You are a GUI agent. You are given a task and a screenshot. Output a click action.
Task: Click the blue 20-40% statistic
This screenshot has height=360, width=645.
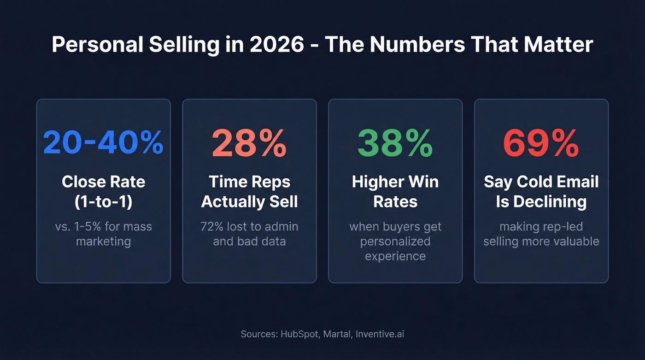(x=103, y=142)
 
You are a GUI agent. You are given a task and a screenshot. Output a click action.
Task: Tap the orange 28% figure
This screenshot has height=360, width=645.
(x=249, y=142)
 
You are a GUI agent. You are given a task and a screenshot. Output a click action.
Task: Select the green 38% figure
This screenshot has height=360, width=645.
(x=395, y=142)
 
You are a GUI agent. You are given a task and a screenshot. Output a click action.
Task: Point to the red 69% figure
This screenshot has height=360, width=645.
(x=541, y=142)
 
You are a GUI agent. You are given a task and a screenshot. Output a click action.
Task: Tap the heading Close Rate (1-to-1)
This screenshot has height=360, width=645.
(x=103, y=191)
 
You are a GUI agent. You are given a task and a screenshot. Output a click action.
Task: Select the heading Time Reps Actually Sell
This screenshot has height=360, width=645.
(x=249, y=191)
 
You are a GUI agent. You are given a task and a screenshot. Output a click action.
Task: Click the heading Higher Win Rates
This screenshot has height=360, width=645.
(x=395, y=191)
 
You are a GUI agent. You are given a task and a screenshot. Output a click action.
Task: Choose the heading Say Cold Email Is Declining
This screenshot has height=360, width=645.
(x=541, y=191)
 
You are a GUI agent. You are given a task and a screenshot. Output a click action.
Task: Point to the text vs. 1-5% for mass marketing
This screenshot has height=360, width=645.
(x=103, y=234)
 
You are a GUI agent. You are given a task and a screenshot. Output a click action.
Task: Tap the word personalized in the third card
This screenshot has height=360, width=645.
(x=395, y=241)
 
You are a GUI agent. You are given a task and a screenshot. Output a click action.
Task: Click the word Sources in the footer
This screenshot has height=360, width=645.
(x=258, y=334)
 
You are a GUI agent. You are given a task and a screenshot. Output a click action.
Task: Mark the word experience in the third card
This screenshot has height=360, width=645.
(x=395, y=256)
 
